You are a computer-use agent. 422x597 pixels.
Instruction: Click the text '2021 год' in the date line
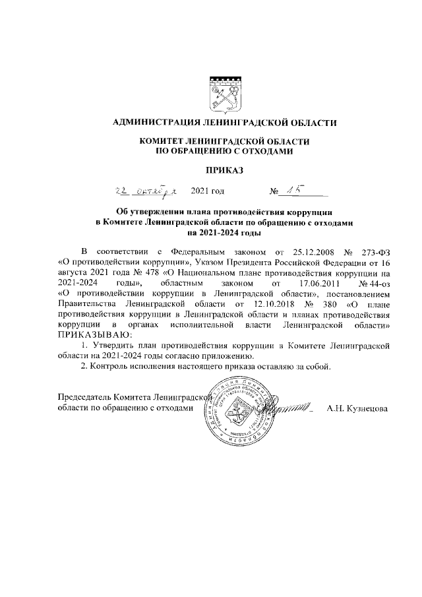[207, 192]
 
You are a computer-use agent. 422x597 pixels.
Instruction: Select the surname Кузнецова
[368, 408]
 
